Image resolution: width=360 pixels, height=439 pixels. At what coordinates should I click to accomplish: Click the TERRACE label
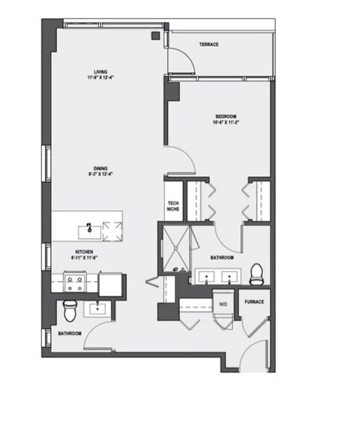(x=208, y=45)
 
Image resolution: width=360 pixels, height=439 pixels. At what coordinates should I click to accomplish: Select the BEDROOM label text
(x=226, y=116)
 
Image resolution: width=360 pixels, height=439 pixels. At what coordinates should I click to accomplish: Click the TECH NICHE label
(x=173, y=206)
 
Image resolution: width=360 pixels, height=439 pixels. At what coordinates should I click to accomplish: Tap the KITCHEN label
(x=84, y=252)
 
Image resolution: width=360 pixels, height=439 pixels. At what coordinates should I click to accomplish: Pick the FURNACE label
(x=254, y=302)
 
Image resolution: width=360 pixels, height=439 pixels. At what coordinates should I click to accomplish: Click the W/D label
(x=223, y=304)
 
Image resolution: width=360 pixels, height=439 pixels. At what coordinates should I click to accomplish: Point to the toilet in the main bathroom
(x=255, y=273)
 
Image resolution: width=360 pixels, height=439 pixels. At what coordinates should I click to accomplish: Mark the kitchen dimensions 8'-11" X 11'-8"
(x=84, y=258)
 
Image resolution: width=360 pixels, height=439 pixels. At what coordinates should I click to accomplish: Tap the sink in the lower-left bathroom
(x=98, y=308)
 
